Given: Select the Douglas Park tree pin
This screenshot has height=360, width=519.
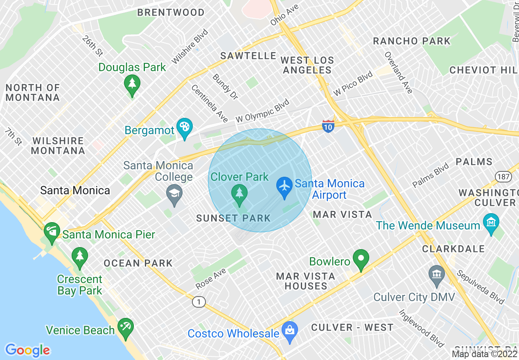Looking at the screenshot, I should click(132, 84).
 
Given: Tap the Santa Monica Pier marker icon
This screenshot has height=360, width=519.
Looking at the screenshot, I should click(52, 231).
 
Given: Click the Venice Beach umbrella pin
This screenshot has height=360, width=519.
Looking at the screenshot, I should click(125, 327).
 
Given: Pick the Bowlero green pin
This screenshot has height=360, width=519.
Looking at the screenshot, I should click(361, 259).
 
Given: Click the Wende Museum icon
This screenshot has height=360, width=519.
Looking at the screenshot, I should click(491, 223).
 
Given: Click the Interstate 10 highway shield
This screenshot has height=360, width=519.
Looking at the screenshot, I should click(328, 125).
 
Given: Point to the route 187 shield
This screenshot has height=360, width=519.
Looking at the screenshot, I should click(502, 176).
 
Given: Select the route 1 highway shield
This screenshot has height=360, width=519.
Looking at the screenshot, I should click(199, 302).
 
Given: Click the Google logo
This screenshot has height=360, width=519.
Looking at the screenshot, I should click(27, 350).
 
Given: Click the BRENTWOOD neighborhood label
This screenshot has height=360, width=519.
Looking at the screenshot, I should click(171, 13).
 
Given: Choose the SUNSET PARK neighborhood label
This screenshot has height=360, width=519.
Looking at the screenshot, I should click(233, 218).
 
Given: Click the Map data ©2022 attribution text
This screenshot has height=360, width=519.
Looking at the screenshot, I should click(484, 354).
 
